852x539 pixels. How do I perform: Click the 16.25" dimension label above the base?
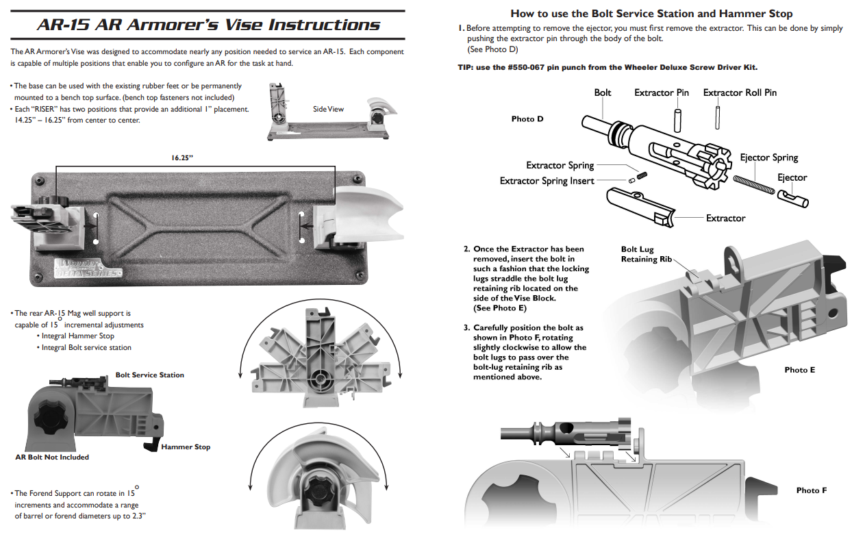point(182,158)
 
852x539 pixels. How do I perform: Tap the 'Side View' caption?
point(328,109)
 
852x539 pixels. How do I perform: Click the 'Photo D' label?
point(527,119)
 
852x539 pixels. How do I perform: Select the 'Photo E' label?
point(799,370)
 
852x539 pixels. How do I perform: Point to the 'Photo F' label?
point(811,490)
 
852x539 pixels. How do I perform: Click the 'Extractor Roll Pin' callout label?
point(740,92)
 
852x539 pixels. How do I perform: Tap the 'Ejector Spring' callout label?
point(768,158)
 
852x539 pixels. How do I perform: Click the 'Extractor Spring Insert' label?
point(547,181)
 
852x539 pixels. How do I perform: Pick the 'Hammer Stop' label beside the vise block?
point(186,447)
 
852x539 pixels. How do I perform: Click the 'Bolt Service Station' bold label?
point(149,375)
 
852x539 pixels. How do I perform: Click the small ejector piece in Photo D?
point(793,199)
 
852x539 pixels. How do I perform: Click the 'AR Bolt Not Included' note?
point(52,457)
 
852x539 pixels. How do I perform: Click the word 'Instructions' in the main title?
point(324,25)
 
